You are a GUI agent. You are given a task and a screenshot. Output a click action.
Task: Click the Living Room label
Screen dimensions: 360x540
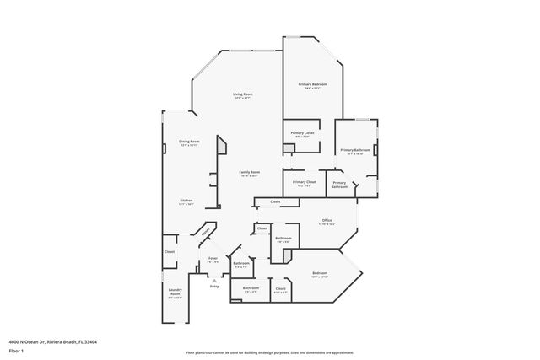click(243, 94)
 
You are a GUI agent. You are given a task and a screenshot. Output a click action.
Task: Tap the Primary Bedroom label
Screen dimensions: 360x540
click(312, 85)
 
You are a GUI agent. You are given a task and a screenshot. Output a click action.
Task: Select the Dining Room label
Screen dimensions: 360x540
click(189, 142)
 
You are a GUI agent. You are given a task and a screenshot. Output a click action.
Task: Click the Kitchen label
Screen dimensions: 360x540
click(186, 201)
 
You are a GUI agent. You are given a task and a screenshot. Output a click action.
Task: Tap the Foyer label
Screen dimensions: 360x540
click(213, 259)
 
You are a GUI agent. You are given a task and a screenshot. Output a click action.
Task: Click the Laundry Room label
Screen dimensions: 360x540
click(175, 295)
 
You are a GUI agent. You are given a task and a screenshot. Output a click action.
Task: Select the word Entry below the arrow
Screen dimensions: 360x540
click(213, 287)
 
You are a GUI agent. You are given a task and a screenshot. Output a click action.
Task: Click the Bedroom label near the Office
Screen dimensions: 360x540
click(320, 273)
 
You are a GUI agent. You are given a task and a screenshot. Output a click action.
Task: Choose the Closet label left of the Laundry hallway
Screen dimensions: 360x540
click(170, 251)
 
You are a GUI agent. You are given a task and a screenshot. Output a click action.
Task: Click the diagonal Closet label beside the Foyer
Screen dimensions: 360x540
click(204, 232)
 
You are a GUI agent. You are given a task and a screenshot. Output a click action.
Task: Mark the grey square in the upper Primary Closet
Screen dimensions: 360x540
click(288, 148)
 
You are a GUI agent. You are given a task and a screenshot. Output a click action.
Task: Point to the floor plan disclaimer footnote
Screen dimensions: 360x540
click(270, 352)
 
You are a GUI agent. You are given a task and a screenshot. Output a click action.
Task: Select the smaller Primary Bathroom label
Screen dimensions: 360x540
click(338, 185)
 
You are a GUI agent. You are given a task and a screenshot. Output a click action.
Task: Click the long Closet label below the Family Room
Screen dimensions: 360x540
click(275, 202)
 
